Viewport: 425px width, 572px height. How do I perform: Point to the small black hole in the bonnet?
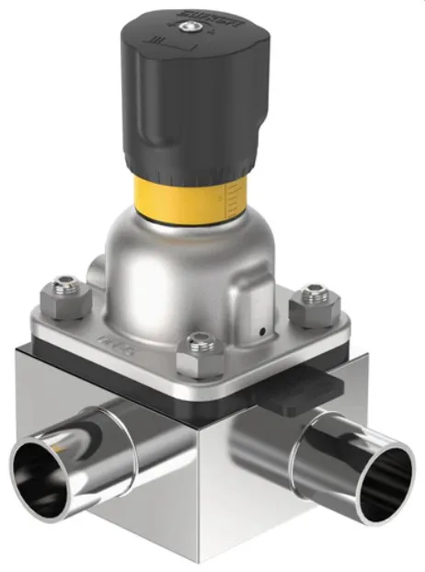[x=261, y=331]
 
